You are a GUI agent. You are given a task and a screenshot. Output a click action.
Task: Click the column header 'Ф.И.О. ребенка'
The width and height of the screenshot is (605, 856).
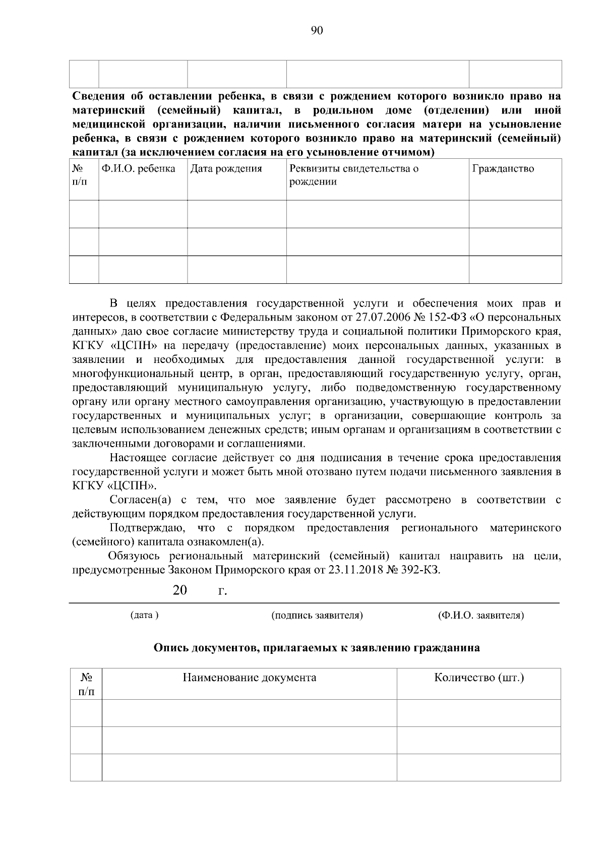coord(138,169)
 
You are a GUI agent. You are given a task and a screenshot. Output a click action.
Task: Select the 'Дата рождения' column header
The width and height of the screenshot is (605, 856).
coord(226,169)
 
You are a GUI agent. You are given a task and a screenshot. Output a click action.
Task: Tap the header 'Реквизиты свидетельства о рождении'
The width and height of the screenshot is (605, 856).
coord(354,175)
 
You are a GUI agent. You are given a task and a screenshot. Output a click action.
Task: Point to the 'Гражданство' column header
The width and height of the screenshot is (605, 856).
coord(503,169)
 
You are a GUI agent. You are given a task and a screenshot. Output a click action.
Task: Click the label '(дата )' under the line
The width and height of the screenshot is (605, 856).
coord(144,616)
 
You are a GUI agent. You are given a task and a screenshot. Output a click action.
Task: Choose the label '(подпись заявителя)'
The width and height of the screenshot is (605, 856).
coord(317,616)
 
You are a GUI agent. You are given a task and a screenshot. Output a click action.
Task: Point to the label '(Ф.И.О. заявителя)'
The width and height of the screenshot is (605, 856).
coord(481,616)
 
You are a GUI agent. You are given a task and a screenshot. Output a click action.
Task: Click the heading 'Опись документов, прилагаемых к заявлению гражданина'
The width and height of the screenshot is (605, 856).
coord(317,648)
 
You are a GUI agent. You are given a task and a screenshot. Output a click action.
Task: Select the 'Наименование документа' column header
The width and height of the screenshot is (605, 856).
coord(249,678)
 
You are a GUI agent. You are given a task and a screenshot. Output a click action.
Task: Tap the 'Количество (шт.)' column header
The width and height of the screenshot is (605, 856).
coord(479,678)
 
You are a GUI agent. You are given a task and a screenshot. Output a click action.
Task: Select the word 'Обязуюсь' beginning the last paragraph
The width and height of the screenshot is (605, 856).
coord(134,557)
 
